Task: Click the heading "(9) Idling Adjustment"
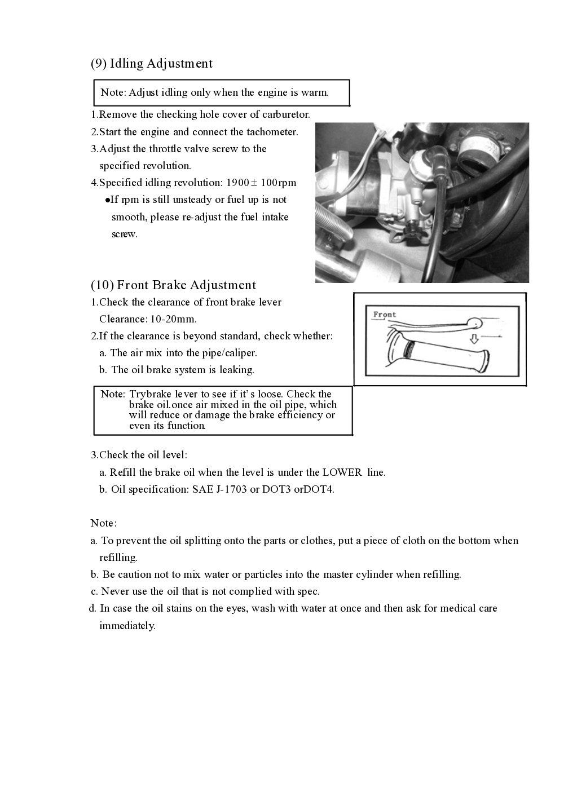151,64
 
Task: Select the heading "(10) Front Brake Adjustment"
173,285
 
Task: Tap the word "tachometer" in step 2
271,132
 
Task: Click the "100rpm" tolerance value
279,183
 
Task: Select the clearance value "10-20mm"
173,319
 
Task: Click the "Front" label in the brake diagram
385,315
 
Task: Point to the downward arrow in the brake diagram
474,339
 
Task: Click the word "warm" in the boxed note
315,92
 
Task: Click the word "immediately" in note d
127,626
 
